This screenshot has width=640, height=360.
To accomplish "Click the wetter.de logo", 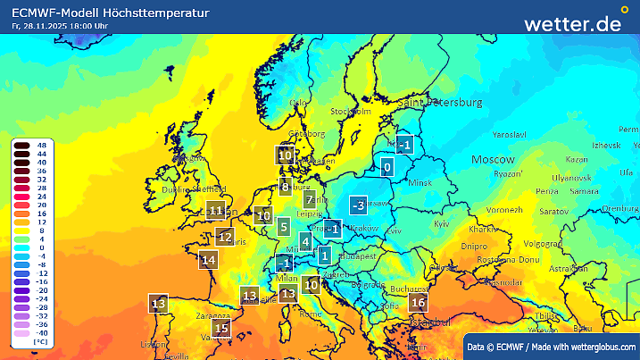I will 572,24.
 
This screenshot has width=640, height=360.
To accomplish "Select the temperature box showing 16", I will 418,303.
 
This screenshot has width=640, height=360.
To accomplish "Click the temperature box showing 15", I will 222,329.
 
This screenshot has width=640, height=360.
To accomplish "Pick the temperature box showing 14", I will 209,260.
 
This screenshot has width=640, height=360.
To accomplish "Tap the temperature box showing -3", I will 359,205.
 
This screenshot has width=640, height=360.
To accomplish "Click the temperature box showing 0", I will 387,166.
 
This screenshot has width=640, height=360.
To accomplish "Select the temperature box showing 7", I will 310,200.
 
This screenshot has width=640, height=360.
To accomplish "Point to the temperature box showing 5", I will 283,227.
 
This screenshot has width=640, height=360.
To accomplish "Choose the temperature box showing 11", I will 215,211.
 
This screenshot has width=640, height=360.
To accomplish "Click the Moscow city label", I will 494,158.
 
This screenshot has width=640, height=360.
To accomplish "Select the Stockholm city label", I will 350,112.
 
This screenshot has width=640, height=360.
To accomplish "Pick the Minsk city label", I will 419,183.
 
